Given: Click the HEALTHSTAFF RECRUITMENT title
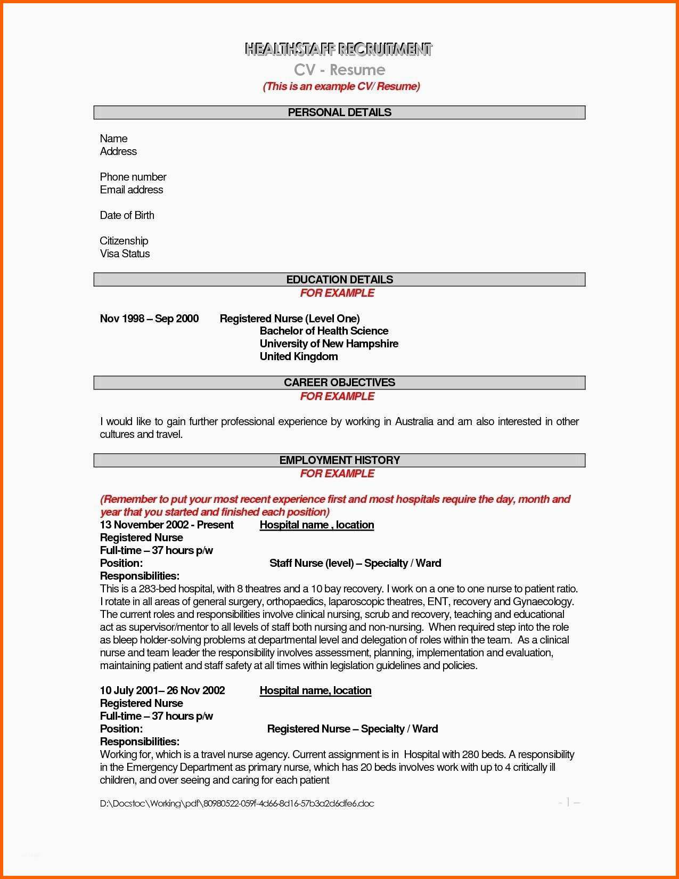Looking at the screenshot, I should tap(339, 50).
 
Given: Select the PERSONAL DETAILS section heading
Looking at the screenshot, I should tap(339, 112).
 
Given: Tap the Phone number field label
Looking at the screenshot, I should tap(133, 177).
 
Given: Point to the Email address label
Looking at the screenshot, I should tap(132, 190).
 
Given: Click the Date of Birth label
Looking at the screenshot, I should tap(127, 215).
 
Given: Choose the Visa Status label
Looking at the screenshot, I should tap(125, 254).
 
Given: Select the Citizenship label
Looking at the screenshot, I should tap(124, 241).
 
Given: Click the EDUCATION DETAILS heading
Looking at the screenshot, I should tap(339, 280).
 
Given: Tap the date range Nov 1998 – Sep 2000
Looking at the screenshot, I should tap(149, 319).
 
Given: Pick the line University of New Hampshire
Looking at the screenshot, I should tap(329, 344).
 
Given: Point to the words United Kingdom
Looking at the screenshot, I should tap(298, 356).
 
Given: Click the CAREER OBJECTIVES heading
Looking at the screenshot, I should tap(339, 382).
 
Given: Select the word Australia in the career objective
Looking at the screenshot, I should tap(414, 421).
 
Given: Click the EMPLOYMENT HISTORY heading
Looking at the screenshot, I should tap(339, 460).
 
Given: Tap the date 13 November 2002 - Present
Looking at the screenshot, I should tap(167, 525).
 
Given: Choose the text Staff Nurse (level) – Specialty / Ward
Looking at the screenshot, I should tap(355, 563).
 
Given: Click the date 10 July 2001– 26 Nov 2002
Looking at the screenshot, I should tap(162, 690).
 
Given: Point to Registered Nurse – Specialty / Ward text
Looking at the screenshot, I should tap(352, 729).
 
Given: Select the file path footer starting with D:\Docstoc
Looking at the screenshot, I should tap(237, 803).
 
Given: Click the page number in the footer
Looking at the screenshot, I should tap(568, 802).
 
